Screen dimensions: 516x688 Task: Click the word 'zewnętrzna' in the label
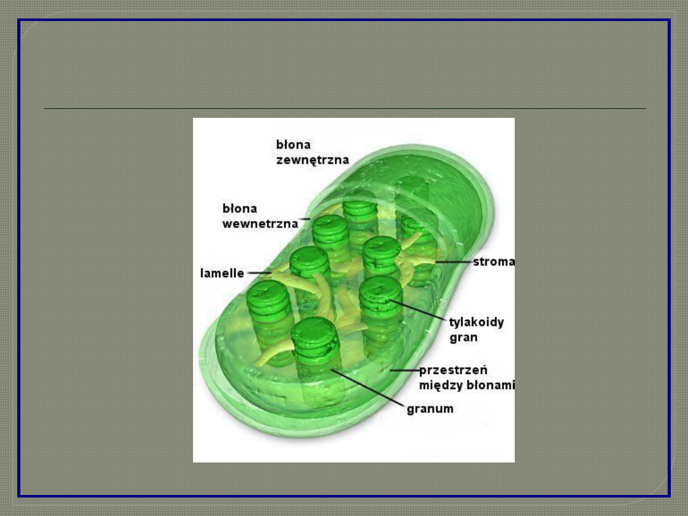(312, 160)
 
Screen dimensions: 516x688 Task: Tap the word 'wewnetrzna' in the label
(260, 224)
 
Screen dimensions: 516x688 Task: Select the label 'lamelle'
(222, 273)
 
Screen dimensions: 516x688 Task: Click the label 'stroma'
(494, 262)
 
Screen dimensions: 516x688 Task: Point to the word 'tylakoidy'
(477, 322)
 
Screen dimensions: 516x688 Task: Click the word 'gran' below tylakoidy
(463, 338)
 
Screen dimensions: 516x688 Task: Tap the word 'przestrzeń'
(453, 370)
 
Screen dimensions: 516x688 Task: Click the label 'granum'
(430, 408)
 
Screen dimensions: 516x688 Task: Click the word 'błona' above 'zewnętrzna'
(293, 145)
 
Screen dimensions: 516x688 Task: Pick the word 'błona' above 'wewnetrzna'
(240, 208)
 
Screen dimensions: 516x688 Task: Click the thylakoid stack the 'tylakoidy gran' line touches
(381, 293)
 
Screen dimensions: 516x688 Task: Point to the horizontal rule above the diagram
(344, 109)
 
